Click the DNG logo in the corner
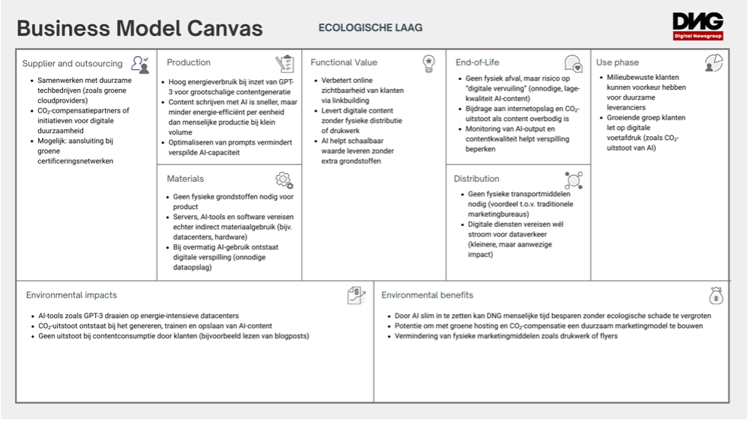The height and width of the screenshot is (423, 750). tap(698, 25)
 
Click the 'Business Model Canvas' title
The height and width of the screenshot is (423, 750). tap(140, 29)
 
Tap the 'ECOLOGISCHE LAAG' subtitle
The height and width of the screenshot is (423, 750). tap(370, 28)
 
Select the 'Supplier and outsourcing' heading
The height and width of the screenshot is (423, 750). tap(72, 63)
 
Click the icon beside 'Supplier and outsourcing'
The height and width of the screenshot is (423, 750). tap(139, 63)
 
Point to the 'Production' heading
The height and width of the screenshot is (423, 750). tap(189, 62)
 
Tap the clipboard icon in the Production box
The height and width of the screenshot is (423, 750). tap(284, 63)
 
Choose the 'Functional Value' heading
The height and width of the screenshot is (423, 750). tap(344, 62)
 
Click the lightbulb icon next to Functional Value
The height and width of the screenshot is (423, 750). tap(429, 62)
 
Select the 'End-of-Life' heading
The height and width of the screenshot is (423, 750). tap(477, 62)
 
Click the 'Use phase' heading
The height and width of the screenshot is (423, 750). tap(618, 62)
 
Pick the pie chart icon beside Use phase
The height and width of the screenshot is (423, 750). tap(713, 63)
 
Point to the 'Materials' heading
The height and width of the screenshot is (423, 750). tap(186, 179)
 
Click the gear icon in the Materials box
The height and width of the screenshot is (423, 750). tap(284, 180)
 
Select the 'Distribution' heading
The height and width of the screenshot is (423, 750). tap(477, 179)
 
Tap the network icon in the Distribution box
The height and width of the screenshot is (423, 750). tap(574, 180)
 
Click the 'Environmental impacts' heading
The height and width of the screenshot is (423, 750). tap(72, 295)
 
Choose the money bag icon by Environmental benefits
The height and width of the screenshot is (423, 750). tap(715, 295)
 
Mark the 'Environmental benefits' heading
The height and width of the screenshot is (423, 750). tap(427, 295)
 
